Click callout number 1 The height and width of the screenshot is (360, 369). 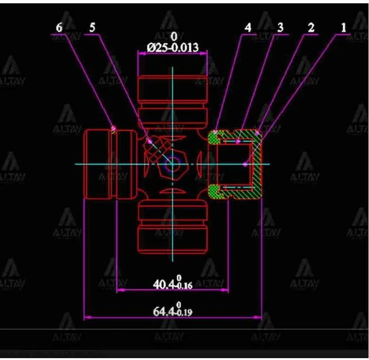343,28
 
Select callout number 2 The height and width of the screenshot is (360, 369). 311,28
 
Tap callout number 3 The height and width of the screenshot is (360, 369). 280,28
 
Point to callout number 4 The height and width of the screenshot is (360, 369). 248,28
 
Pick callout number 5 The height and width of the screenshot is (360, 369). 92,28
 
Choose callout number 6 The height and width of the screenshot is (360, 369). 59,28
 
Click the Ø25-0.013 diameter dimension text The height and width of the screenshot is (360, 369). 173,48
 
